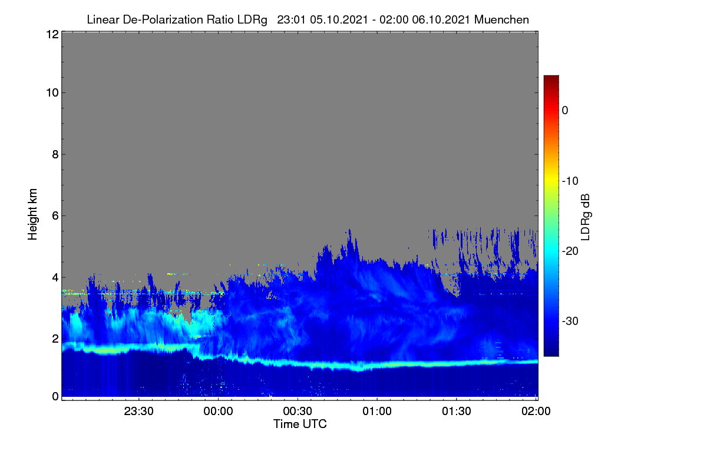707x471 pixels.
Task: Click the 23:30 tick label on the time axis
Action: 138,411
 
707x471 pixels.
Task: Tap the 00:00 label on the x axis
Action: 218,411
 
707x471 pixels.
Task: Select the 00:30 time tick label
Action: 298,411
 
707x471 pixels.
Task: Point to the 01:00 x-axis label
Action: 377,411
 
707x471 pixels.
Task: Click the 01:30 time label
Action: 457,411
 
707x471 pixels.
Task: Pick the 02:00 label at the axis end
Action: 536,411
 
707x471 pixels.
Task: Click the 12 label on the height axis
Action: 52,34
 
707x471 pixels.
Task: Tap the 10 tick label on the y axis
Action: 52,93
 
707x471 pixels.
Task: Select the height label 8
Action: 55,154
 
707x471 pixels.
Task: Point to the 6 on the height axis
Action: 55,216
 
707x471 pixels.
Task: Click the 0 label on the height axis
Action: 55,396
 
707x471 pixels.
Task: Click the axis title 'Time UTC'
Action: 300,424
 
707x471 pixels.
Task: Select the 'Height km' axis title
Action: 32,214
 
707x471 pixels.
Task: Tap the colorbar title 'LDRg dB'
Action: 585,217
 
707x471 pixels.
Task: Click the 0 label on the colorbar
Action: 565,111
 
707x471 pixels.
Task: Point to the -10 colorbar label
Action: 570,181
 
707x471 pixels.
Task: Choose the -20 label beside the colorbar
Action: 570,251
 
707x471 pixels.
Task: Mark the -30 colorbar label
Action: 570,321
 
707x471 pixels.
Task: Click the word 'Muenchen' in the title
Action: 501,19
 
